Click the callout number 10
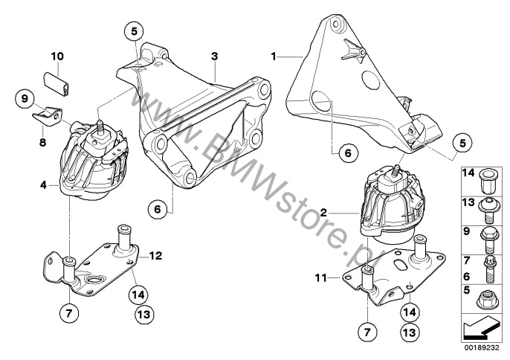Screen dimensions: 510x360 click(x=57, y=57)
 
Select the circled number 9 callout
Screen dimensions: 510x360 click(x=25, y=98)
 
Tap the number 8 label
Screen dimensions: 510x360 click(x=42, y=142)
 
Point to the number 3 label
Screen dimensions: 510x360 click(x=214, y=57)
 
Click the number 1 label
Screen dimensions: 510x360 click(x=274, y=57)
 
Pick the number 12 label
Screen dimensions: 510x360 click(x=155, y=256)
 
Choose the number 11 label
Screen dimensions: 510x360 click(x=320, y=278)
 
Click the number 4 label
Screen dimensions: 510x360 click(x=43, y=185)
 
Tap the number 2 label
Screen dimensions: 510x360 click(x=323, y=213)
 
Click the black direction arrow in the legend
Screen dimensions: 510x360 click(x=482, y=329)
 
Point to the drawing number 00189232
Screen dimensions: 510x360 click(x=482, y=348)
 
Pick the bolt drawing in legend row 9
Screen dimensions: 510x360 click(x=489, y=240)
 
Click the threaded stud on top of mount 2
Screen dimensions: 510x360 click(x=397, y=170)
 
